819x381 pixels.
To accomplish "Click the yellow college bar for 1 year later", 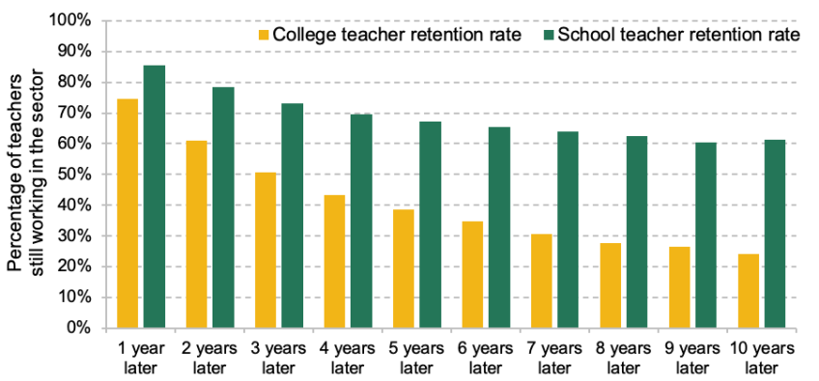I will pos(127,213).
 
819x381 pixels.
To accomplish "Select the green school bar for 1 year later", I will pos(155,197).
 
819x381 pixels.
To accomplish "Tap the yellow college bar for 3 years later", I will pos(266,250).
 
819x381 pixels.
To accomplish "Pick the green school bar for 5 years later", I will pos(430,225).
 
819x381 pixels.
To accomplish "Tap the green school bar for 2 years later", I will pos(223,207).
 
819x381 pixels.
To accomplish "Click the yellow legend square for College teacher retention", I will pos(263,36).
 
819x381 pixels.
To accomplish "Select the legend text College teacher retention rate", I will pos(397,36).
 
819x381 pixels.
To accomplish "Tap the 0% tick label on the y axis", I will pos(81,328).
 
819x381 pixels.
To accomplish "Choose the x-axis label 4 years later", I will pos(348,355).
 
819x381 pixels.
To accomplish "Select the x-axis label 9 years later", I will pos(692,355).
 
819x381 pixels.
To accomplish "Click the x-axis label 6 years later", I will pos(486,355).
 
